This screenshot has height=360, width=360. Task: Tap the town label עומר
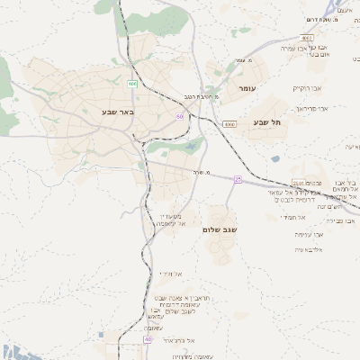pyautogui.click(x=248, y=89)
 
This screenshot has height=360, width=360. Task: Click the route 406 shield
pyautogui.click(x=132, y=84)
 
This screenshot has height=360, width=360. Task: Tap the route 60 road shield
pyautogui.click(x=180, y=116)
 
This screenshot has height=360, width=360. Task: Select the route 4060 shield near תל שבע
pyautogui.click(x=229, y=123)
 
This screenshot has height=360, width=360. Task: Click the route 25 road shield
pyautogui.click(x=238, y=179)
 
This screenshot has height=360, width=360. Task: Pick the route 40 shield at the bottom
pyautogui.click(x=147, y=339)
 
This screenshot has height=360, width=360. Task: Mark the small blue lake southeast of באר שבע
pyautogui.click(x=192, y=144)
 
